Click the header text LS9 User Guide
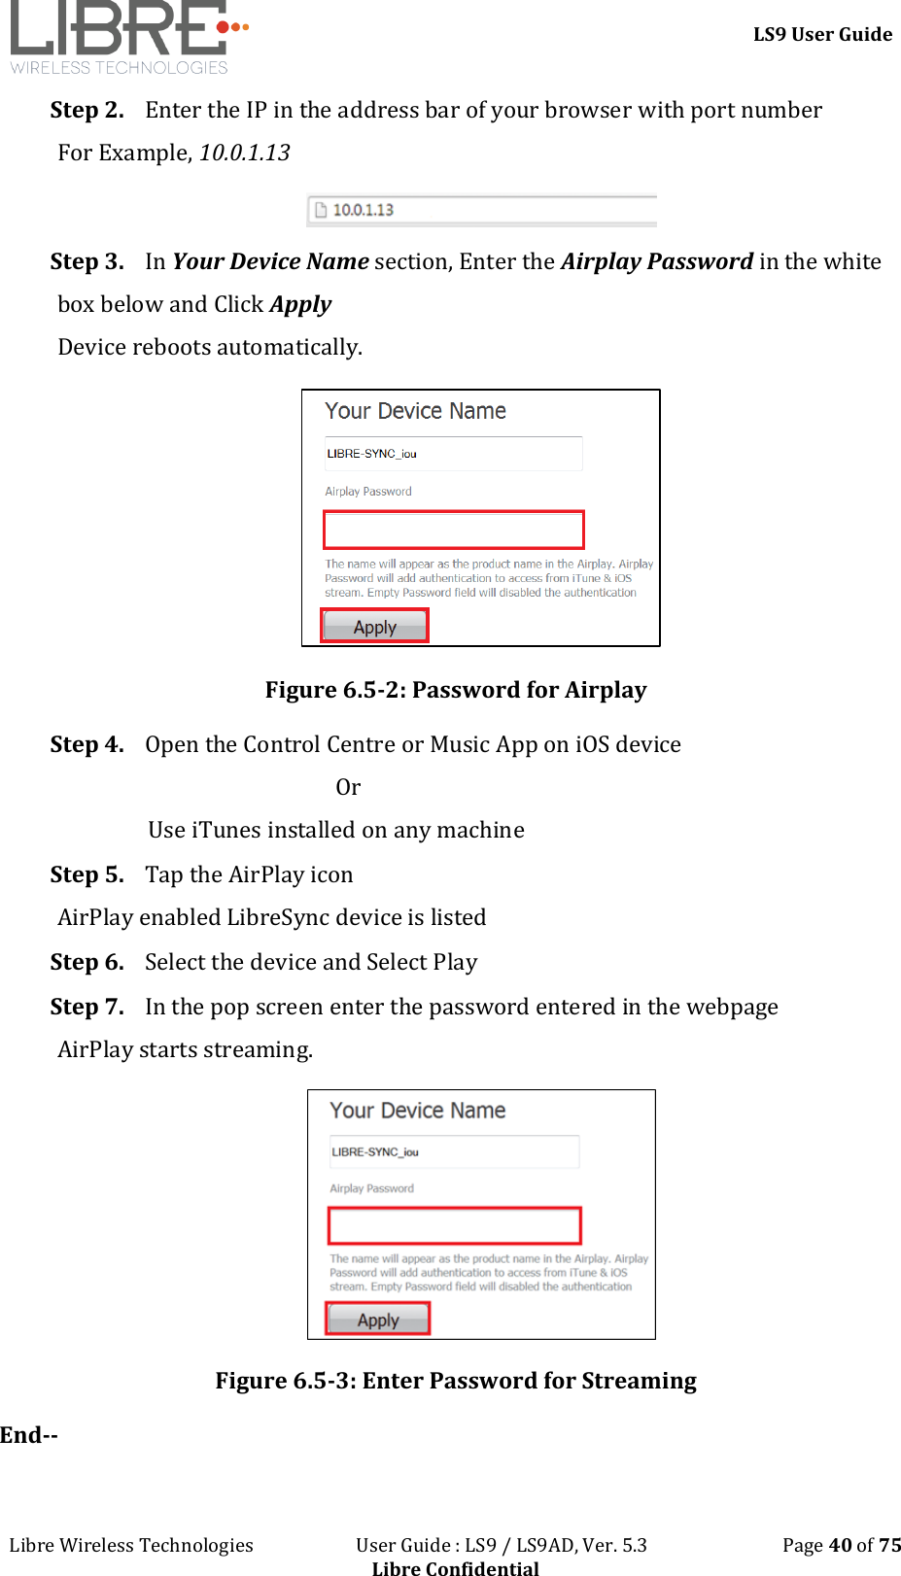point(822,35)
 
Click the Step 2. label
point(87,110)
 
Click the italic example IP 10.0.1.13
point(244,153)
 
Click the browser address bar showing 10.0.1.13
point(482,210)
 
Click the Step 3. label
point(87,261)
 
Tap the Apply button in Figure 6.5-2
point(374,627)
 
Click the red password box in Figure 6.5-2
point(454,530)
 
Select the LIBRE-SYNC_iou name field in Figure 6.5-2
point(453,454)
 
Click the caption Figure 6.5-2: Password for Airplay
point(455,690)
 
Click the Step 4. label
point(87,744)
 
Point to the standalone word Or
point(348,787)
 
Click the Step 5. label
point(87,874)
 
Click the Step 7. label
point(87,1007)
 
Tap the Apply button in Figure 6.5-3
point(378,1319)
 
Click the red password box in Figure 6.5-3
point(454,1225)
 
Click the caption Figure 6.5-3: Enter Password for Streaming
point(455,1381)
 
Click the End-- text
point(29,1435)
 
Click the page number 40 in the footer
point(840,1545)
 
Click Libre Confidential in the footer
point(455,1566)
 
